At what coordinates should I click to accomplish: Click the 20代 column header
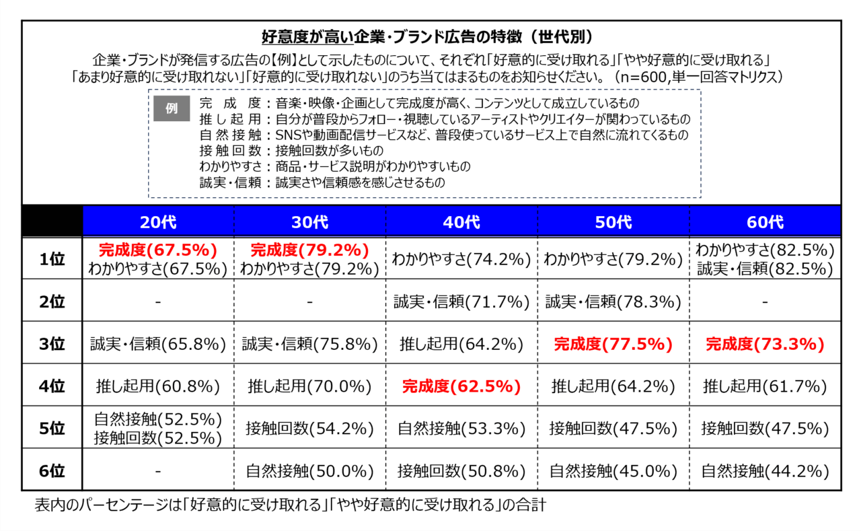click(x=158, y=221)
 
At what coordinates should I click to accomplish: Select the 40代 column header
click(x=461, y=221)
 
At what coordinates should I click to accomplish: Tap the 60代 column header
click(x=765, y=221)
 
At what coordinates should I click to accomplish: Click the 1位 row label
click(x=52, y=259)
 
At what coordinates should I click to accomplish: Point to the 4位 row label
click(x=52, y=386)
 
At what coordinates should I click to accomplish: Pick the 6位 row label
click(x=52, y=471)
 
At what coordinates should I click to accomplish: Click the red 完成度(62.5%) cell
click(x=461, y=386)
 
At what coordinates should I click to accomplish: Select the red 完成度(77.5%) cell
click(x=613, y=344)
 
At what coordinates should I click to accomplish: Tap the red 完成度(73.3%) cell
click(x=765, y=344)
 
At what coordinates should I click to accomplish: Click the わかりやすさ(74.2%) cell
click(x=461, y=259)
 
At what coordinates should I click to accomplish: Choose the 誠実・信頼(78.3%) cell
click(x=613, y=302)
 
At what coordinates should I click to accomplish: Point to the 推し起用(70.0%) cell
click(x=309, y=386)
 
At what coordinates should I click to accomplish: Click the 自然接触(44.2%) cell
click(x=765, y=471)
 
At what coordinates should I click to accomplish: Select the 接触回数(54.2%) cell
click(x=309, y=428)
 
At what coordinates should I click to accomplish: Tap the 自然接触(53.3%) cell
click(x=461, y=428)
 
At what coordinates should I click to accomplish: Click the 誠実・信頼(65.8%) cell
click(x=158, y=344)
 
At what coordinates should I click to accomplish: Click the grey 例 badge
click(x=172, y=108)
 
